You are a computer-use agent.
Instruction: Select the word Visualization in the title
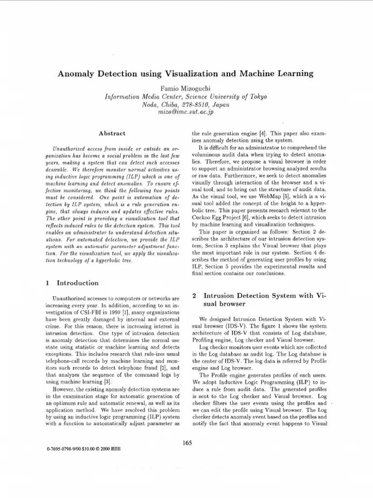pos(189,74)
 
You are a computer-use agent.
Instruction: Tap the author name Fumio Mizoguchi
pos(186,88)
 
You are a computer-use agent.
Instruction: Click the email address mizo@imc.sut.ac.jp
pos(186,112)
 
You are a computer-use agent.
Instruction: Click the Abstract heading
pos(112,133)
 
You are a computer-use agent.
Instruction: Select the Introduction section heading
pos(78,283)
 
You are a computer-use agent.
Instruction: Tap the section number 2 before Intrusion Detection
pos(194,295)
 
